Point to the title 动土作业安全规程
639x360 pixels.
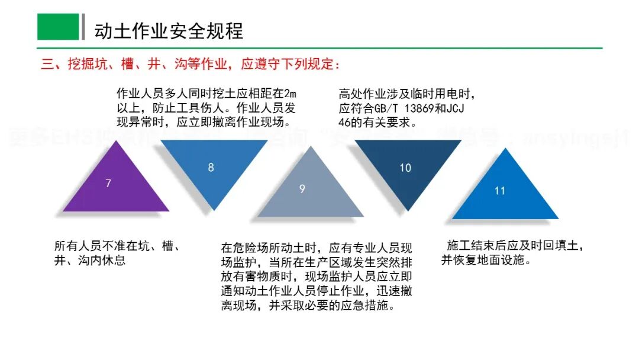(x=169, y=31)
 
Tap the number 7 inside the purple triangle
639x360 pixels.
(x=108, y=184)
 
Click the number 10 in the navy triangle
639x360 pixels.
(x=405, y=168)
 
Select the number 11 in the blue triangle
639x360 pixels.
(x=500, y=191)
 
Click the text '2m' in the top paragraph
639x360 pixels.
(x=290, y=94)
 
